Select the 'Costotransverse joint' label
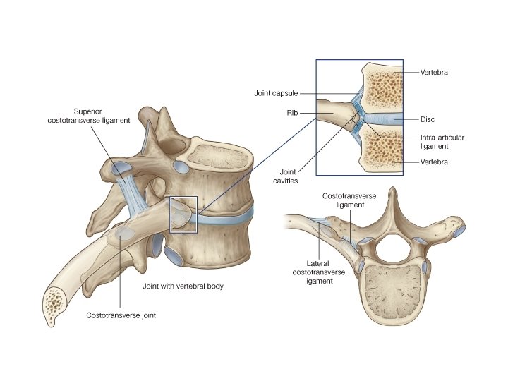pyautogui.click(x=121, y=315)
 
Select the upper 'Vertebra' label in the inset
pyautogui.click(x=435, y=72)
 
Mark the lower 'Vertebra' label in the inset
pyautogui.click(x=435, y=163)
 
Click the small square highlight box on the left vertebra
pyautogui.click(x=183, y=214)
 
